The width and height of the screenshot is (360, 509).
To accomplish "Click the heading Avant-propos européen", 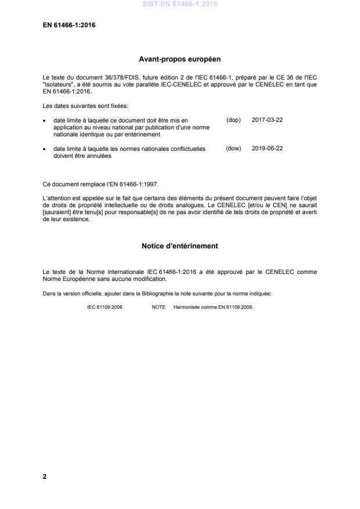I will click(x=179, y=59).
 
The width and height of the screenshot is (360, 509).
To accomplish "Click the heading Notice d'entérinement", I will click(x=179, y=246).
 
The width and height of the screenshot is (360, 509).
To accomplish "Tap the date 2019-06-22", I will click(x=267, y=148).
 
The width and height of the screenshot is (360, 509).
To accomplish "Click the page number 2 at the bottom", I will click(x=45, y=475).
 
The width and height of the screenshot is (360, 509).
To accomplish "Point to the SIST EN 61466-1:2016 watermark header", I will click(x=179, y=5).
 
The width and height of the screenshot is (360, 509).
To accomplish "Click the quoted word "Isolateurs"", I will click(x=60, y=84).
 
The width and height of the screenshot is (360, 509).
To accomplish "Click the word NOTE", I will click(x=159, y=307).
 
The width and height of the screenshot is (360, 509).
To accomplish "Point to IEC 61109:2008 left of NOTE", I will click(x=105, y=307).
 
